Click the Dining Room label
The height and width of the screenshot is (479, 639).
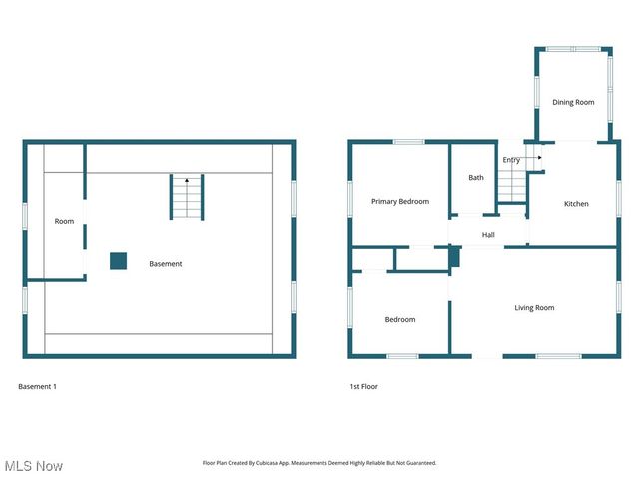(573, 102)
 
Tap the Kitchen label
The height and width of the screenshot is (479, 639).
(576, 204)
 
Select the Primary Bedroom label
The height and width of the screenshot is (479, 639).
(400, 202)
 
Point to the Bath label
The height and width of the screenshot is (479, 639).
(476, 178)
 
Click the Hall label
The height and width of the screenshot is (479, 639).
(488, 235)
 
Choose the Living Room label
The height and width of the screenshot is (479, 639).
(534, 308)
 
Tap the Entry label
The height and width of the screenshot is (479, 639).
(511, 160)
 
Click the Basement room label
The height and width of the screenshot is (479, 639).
(166, 264)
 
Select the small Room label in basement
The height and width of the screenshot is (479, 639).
(64, 221)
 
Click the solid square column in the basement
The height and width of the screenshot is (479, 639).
(118, 261)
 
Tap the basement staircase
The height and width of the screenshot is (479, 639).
(187, 197)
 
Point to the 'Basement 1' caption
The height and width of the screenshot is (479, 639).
(38, 386)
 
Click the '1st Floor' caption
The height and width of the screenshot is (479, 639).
(363, 386)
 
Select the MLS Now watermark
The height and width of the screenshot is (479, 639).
(33, 466)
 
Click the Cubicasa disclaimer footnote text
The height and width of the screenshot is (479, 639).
(319, 463)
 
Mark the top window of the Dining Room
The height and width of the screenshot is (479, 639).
(573, 49)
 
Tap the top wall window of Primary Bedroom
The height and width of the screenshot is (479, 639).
(408, 142)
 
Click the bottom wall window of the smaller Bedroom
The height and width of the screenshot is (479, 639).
(402, 356)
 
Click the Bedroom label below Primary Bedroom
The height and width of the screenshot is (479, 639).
(400, 319)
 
